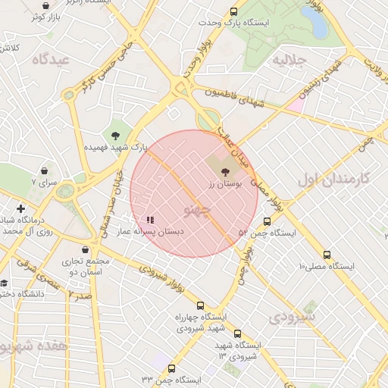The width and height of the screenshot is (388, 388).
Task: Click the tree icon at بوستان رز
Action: pos(225,173)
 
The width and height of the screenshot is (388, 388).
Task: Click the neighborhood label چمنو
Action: pos(197,208)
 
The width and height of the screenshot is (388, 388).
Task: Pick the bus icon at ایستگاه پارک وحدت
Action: pos(233,12)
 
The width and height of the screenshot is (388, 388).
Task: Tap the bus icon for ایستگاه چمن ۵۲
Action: pos(267,222)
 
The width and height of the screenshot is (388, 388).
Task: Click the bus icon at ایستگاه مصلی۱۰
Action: pos(327,255)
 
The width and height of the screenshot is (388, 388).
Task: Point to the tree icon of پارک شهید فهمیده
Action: pos(115,135)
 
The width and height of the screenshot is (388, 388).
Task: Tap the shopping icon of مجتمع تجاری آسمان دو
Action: pos(84,249)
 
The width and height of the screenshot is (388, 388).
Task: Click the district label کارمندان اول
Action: pos(333,179)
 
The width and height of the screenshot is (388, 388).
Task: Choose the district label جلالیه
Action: pos(288,59)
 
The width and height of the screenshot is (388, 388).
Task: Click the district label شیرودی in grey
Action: pos(289,315)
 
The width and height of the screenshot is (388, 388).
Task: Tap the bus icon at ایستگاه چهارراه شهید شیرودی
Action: pos(199,305)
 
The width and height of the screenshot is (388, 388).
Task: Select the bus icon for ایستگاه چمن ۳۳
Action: pos(171,369)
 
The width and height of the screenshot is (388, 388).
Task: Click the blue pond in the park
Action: pos(318,25)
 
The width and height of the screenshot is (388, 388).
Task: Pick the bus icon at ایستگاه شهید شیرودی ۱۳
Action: pos(237,333)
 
